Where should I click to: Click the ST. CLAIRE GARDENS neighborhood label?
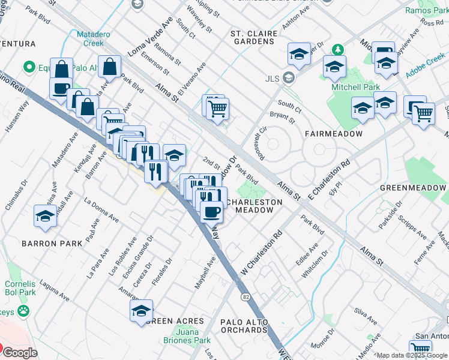pyautogui.click(x=253, y=38)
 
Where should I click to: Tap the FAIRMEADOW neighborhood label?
pyautogui.click(x=333, y=134)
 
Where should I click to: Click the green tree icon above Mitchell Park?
pyautogui.click(x=339, y=49)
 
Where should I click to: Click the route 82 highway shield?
pyautogui.click(x=246, y=296)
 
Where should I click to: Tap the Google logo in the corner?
pyautogui.click(x=20, y=353)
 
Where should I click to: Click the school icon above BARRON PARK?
pyautogui.click(x=45, y=216)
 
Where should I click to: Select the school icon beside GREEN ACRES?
pyautogui.click(x=142, y=311)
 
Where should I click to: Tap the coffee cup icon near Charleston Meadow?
pyautogui.click(x=211, y=212)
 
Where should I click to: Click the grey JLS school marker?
pyautogui.click(x=289, y=78)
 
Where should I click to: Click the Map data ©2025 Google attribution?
pyautogui.click(x=412, y=355)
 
